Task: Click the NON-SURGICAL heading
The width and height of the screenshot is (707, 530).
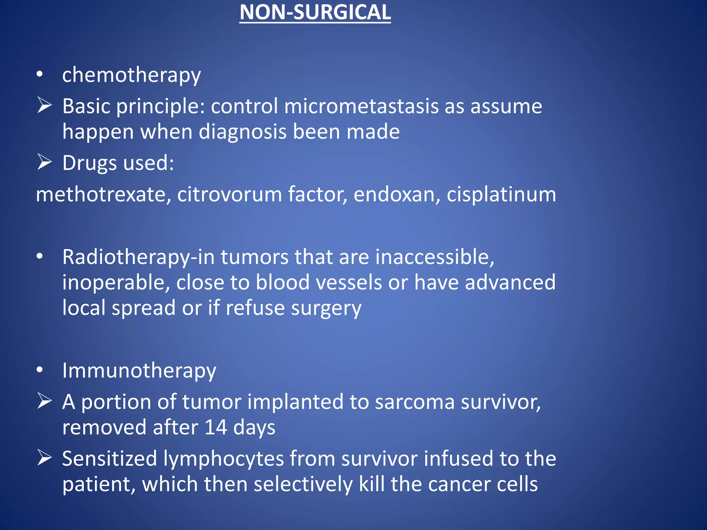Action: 315,12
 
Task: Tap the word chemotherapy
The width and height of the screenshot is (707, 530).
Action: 131,75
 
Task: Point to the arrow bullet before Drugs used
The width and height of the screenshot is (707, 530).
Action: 45,162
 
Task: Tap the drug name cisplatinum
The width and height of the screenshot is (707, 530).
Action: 501,194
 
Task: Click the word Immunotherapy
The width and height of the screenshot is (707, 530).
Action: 139,371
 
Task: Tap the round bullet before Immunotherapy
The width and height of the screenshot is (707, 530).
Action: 40,370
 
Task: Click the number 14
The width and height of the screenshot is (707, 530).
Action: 216,428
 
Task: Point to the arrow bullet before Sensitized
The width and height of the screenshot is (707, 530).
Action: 45,458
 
